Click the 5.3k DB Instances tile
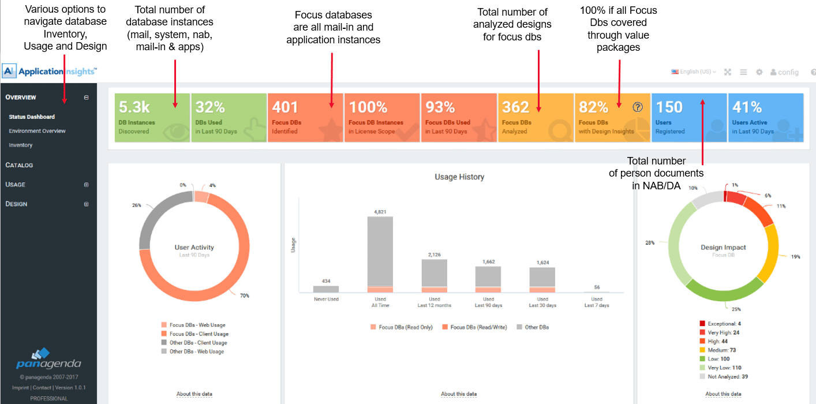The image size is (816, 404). coord(152,118)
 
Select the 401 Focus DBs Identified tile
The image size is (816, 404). coord(305,118)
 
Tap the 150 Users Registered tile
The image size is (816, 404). coord(688,118)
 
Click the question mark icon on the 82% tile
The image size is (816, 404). coord(637,107)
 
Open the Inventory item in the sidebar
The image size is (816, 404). coord(21,145)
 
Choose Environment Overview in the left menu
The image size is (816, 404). coord(37,131)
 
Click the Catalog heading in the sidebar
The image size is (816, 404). coord(19,165)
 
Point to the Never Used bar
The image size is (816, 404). coord(326,289)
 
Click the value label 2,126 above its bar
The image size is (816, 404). coord(435,255)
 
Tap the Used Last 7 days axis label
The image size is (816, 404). coord(597,302)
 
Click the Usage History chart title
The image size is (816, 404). coord(459,177)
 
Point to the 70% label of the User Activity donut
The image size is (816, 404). coord(245,295)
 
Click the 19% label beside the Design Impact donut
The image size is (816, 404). coord(796,256)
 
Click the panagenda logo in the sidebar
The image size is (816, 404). coord(48,359)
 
